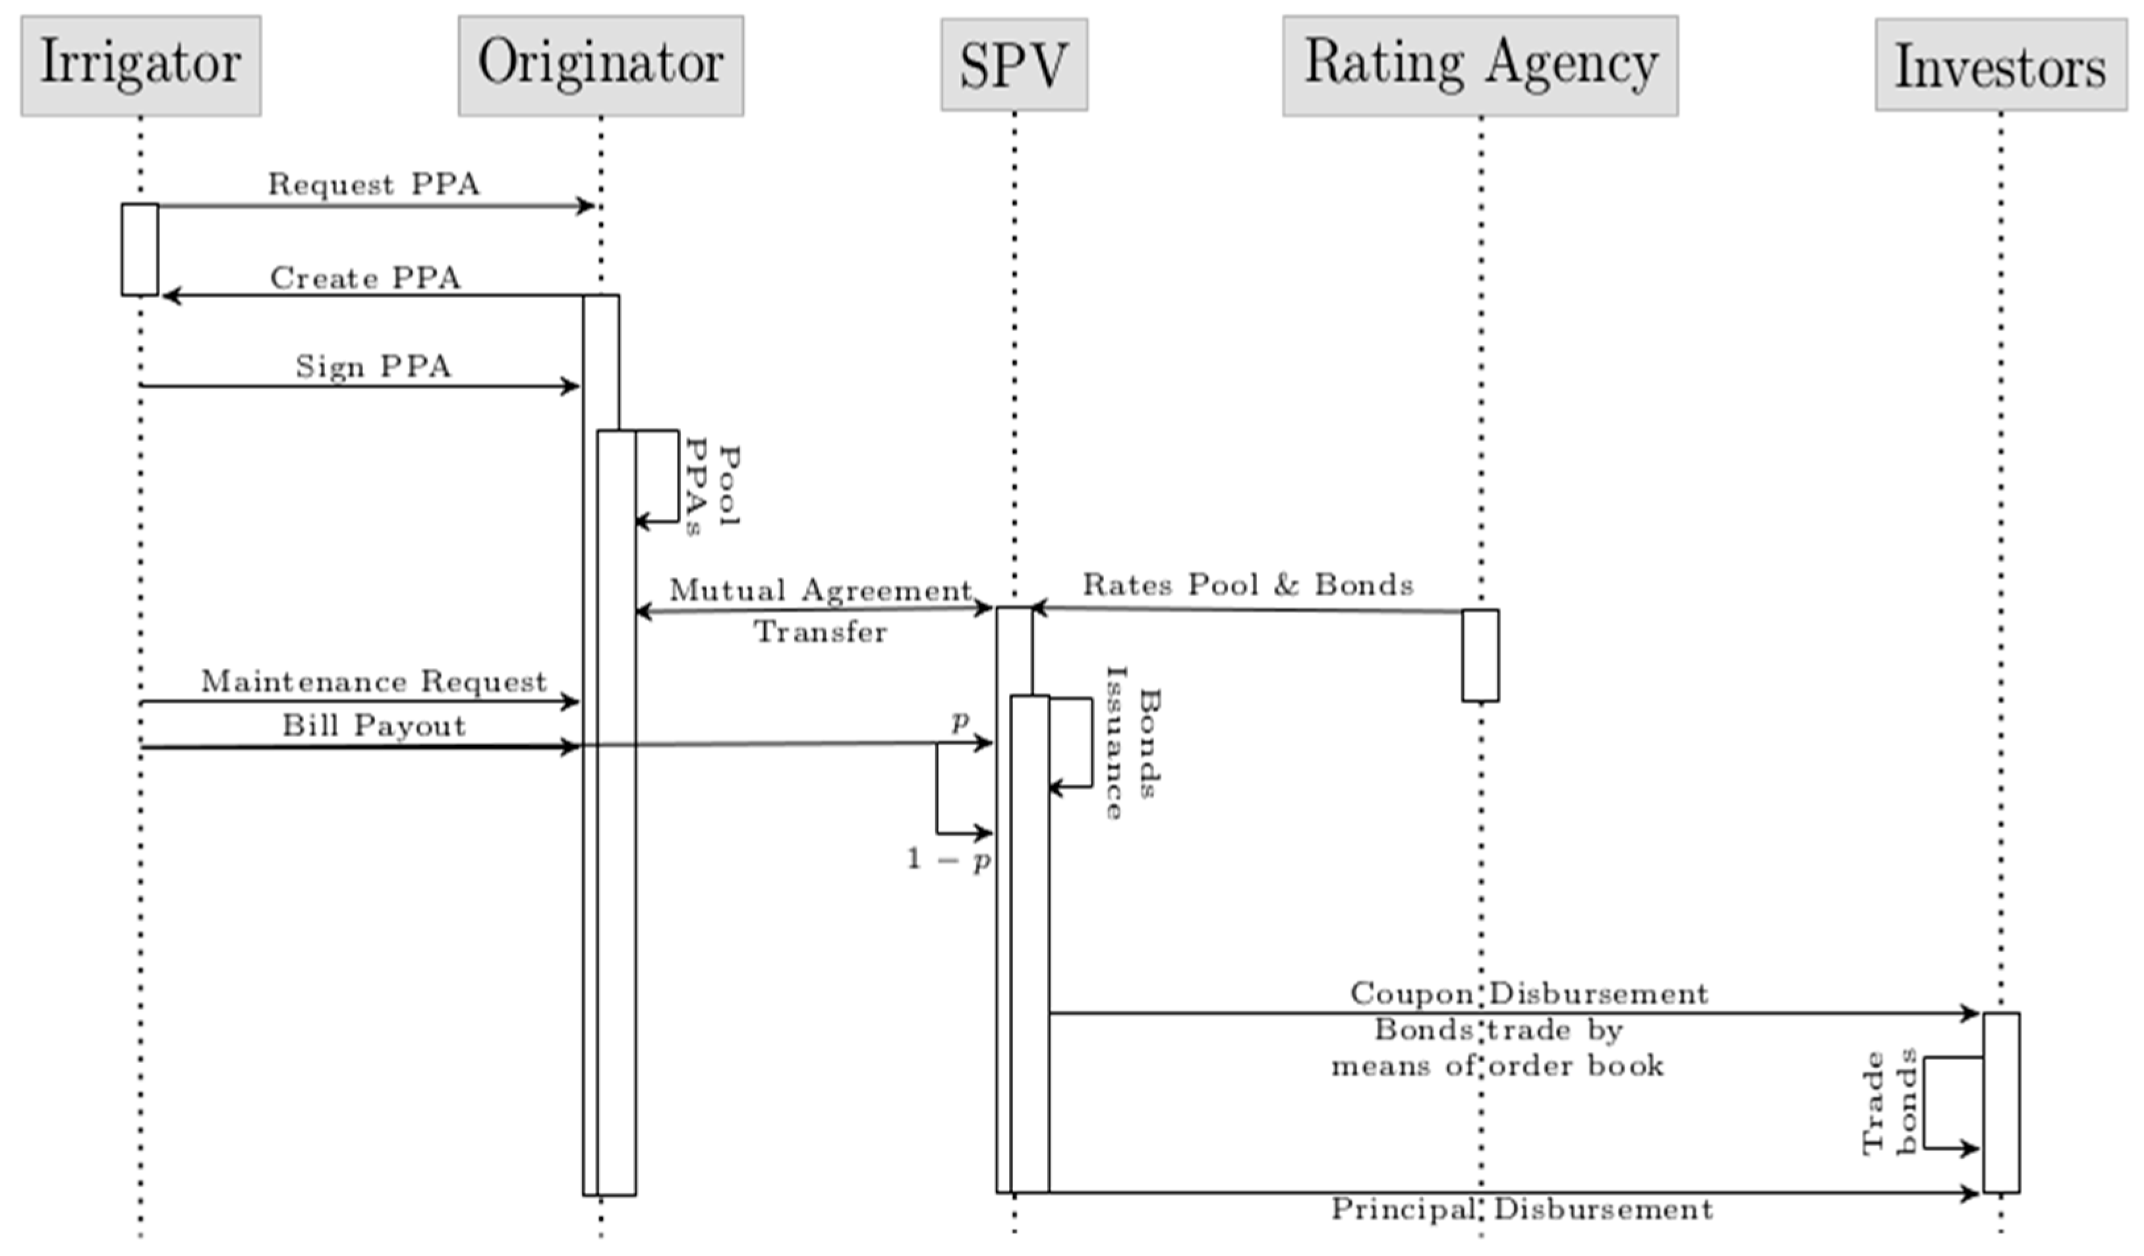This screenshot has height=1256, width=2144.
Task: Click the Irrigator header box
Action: coord(140,65)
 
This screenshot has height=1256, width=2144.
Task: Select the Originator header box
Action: coord(600,65)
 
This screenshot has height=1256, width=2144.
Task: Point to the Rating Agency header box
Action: coord(1480,65)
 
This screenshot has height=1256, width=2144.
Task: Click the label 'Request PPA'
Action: coord(374,185)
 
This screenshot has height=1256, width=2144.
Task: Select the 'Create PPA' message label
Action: coord(365,278)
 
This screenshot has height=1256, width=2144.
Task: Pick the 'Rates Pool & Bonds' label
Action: coord(1247,585)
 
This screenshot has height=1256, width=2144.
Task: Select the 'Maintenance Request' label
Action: coord(374,682)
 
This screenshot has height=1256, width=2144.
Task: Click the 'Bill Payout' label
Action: coord(374,726)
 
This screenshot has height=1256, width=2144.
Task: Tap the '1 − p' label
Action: coord(948,860)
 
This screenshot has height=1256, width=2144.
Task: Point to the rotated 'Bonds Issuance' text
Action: coord(1132,743)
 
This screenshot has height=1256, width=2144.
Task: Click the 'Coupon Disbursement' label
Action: coord(1529,994)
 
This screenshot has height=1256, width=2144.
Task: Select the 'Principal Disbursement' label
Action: coord(1522,1209)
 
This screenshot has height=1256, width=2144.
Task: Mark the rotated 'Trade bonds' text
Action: coord(1890,1103)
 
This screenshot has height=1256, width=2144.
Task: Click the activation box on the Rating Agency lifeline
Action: coord(1480,655)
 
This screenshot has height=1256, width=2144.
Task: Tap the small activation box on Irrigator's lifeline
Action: coord(140,249)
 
